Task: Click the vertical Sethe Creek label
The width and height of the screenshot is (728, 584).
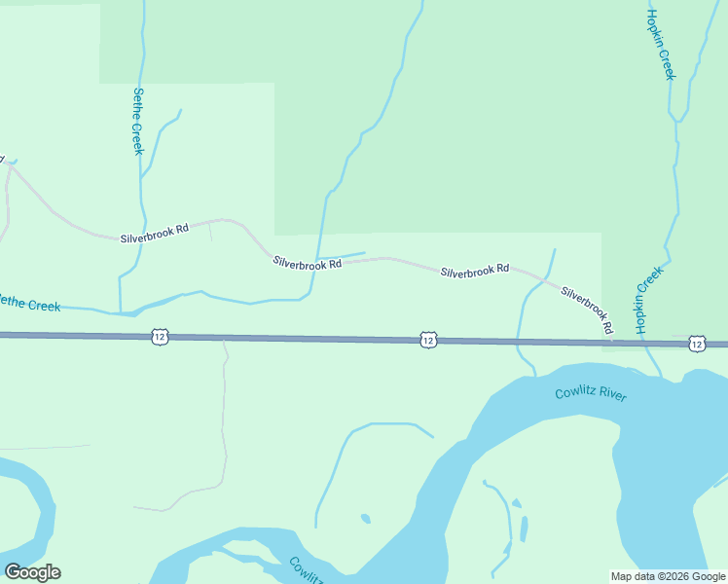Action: (137, 121)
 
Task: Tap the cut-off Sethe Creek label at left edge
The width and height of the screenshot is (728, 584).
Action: (29, 305)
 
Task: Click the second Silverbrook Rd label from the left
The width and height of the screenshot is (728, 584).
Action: (307, 263)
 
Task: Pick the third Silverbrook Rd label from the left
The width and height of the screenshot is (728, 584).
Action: (475, 270)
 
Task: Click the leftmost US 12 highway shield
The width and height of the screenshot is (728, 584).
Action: (160, 337)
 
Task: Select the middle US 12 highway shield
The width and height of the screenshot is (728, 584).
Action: (428, 340)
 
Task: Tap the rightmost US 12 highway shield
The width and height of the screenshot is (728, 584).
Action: (696, 344)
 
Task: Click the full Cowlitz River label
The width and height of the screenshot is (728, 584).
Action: (591, 394)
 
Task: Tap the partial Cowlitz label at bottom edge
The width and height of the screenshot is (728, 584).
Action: (308, 570)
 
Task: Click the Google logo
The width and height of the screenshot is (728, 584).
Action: (32, 571)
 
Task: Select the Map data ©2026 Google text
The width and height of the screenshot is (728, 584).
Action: (668, 576)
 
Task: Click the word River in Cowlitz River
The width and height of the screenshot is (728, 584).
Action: (613, 395)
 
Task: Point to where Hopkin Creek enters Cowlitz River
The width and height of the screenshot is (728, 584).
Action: (662, 377)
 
